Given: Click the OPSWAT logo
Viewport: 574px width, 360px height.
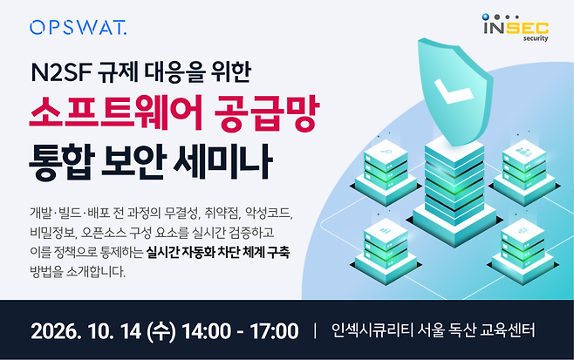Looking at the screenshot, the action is pyautogui.click(x=78, y=27).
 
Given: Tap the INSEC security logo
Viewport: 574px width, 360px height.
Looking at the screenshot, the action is pyautogui.click(x=516, y=28).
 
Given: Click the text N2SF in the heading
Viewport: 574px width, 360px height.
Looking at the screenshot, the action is pyautogui.click(x=61, y=72).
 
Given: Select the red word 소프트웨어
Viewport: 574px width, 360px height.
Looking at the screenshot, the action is pyautogui.click(x=116, y=112).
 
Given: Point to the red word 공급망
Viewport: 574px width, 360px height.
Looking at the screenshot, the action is pyautogui.click(x=267, y=113).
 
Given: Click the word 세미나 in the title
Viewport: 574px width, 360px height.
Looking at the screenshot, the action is pyautogui.click(x=223, y=162).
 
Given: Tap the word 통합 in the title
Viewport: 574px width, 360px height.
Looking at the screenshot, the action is pyautogui.click(x=62, y=162).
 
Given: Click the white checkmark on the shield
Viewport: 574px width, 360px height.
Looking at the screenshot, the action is pyautogui.click(x=454, y=90).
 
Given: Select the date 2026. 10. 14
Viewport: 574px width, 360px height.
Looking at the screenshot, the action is pyautogui.click(x=86, y=331).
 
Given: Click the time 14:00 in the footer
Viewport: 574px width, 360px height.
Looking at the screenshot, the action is pyautogui.click(x=207, y=331).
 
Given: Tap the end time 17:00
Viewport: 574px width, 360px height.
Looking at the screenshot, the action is pyautogui.click(x=274, y=331).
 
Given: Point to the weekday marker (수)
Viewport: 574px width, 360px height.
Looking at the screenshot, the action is pyautogui.click(x=161, y=331).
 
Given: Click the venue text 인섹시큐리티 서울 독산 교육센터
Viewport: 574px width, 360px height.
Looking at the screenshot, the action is pyautogui.click(x=433, y=330).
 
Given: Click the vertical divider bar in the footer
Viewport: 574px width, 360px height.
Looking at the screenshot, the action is pyautogui.click(x=315, y=330).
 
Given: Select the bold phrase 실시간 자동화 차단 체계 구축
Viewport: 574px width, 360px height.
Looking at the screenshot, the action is pyautogui.click(x=218, y=252).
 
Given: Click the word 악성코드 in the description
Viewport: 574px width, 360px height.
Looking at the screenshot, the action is pyautogui.click(x=269, y=213).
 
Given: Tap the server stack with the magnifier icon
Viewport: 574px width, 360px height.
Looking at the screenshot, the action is pyautogui.click(x=386, y=171).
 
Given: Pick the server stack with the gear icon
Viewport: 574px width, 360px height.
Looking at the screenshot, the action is pyautogui.click(x=523, y=251).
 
